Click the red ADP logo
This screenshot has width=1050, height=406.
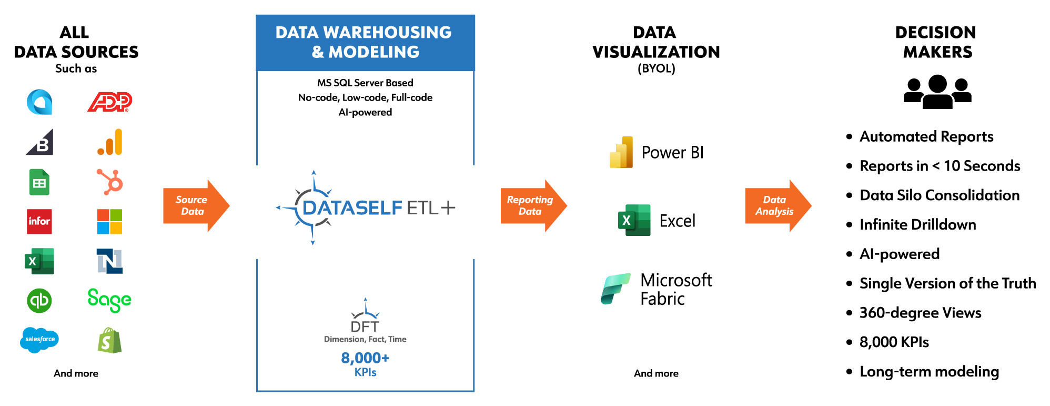[x=109, y=102]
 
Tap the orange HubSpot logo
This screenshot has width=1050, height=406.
[x=110, y=182]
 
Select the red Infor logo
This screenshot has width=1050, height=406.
[x=39, y=221]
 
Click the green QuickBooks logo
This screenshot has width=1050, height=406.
[x=39, y=300]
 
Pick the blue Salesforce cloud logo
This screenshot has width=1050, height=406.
[x=39, y=340]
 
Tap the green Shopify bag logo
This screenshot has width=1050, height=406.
[x=109, y=340]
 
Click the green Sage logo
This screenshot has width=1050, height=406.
[x=109, y=300]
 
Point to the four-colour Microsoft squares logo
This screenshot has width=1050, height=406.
[x=109, y=221]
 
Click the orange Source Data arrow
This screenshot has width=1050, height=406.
[x=196, y=205]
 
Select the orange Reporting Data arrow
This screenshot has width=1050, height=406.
[x=533, y=205]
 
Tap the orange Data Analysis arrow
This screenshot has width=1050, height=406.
[x=778, y=205]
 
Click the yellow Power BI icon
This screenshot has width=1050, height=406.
[x=621, y=152]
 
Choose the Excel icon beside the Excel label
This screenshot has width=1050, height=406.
[x=634, y=220]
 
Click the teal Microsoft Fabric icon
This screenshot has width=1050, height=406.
[x=615, y=289]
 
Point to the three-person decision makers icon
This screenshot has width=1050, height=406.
[x=937, y=92]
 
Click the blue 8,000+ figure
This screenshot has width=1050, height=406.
[x=365, y=358]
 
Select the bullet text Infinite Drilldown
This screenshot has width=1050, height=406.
[x=918, y=225]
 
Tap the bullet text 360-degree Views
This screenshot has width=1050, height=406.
[x=921, y=313]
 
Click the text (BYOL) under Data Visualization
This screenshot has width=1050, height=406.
[x=657, y=68]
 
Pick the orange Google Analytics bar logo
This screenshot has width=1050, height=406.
[x=110, y=142]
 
